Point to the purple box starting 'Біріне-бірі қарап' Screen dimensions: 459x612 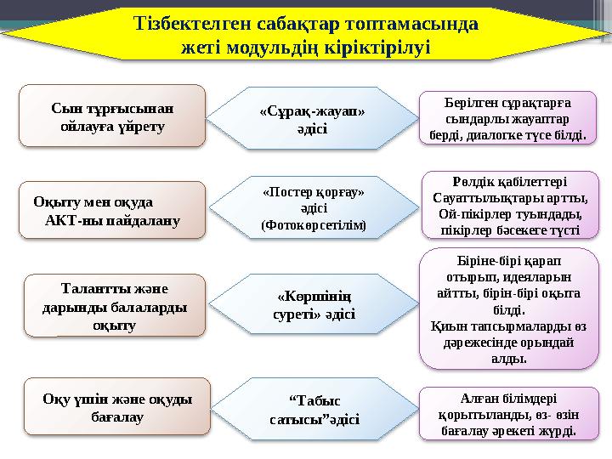click(508, 306)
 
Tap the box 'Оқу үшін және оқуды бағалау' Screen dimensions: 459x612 click(116, 407)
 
